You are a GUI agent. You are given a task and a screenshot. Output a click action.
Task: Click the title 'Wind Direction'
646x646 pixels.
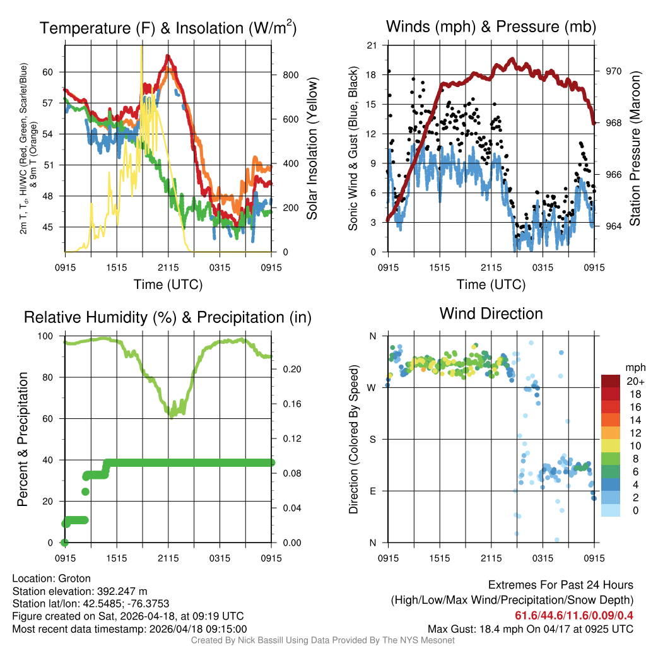pos(491,314)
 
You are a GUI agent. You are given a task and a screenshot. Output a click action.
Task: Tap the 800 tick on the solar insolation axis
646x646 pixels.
pos(291,75)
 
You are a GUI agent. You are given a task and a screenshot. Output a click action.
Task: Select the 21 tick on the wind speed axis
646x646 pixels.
pos(372,45)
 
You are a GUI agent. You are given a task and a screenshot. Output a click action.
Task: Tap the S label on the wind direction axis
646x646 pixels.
pos(372,439)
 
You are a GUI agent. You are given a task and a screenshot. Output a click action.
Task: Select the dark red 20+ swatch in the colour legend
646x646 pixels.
pos(611,381)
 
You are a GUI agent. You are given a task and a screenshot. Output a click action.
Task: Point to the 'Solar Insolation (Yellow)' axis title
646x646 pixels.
pos(312,149)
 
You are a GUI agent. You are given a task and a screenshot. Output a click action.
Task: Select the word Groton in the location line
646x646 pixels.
pos(74,578)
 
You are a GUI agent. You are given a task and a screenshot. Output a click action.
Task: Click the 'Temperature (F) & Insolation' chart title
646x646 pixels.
pos(168,28)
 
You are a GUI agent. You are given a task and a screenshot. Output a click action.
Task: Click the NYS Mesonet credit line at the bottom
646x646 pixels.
pos(322,640)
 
